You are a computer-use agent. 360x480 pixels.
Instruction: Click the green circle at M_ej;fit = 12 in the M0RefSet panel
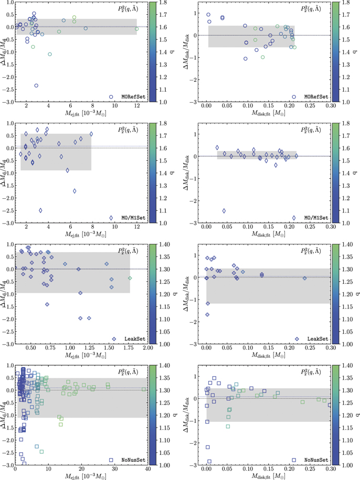136,29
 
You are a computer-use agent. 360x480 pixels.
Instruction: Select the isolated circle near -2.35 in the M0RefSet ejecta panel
36,86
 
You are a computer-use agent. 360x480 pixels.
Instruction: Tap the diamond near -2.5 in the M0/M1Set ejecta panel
40,210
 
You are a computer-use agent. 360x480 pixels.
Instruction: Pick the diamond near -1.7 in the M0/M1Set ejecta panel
75,191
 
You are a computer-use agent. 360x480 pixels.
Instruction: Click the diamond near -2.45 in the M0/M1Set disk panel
224,211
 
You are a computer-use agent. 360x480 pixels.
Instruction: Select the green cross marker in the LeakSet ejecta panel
130,278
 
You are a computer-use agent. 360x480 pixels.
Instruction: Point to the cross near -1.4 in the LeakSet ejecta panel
47,304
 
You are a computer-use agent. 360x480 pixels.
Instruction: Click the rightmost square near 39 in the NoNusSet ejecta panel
144,389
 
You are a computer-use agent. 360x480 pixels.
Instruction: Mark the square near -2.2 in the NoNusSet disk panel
208,447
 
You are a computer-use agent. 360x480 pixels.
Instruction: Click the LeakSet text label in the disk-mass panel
318,339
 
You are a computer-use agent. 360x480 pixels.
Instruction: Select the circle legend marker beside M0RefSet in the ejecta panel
111,97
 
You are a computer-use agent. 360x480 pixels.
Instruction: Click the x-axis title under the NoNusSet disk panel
269,476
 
